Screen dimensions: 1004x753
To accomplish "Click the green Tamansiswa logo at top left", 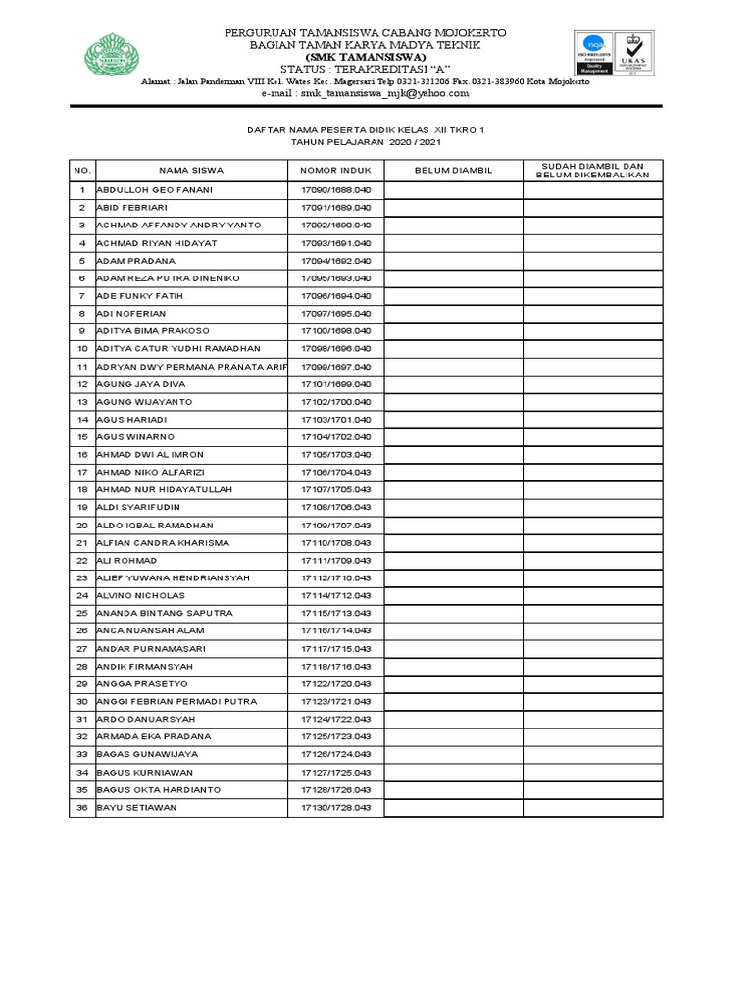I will click(116, 53).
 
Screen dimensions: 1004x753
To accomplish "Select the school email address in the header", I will click(365, 93).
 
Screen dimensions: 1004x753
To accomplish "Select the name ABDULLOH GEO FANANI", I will click(154, 189).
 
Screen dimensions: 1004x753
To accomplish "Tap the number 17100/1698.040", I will click(335, 331).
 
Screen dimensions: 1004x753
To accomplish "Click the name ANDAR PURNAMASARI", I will click(149, 648).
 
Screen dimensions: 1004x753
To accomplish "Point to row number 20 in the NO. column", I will click(82, 525).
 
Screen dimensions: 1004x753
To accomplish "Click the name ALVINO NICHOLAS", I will click(140, 595).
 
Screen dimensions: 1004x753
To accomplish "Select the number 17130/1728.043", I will click(335, 807).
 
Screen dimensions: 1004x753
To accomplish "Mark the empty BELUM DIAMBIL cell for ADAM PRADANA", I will click(452, 261).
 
